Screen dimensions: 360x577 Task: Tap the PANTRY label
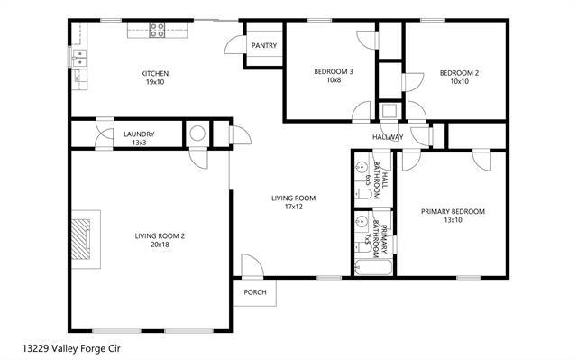point(264,45)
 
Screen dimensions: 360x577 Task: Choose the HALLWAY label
point(389,137)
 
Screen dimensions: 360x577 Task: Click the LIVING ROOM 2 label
point(160,236)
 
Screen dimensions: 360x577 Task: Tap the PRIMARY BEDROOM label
point(453,212)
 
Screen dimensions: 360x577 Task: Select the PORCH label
point(256,292)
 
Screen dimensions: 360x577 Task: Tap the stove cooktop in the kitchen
point(156,30)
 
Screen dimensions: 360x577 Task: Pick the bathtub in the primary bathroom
point(371,267)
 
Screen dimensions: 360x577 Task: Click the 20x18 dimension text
point(160,245)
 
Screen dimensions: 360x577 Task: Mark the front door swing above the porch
point(251,265)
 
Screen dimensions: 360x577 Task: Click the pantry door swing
point(236,44)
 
